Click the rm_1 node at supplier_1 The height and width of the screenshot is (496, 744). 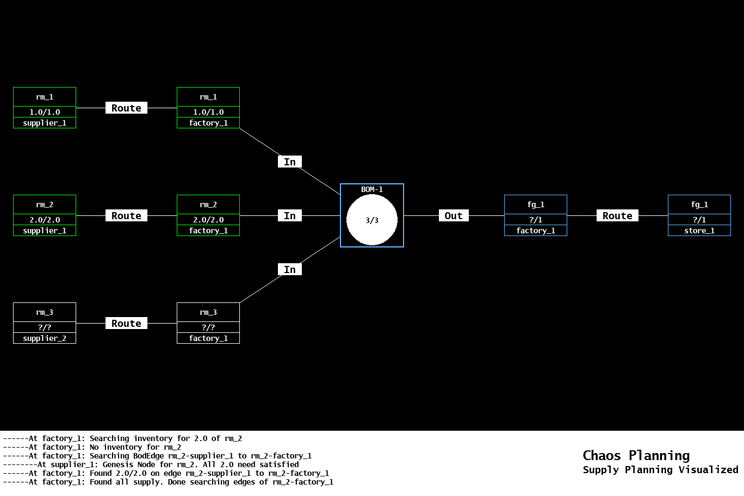pos(45,108)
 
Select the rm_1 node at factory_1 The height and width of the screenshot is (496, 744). pos(208,108)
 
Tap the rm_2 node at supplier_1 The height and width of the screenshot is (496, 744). pos(45,215)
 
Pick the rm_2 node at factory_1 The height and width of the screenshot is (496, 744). pos(208,215)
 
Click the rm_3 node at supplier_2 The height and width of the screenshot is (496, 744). pos(45,323)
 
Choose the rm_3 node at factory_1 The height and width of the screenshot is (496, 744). pos(208,323)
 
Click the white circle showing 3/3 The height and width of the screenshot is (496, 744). pos(372,220)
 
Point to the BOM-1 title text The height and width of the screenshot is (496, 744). pos(372,189)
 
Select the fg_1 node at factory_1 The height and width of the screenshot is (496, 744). pos(536,215)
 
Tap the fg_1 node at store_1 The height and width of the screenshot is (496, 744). pos(699,215)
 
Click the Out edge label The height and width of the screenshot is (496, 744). pos(454,216)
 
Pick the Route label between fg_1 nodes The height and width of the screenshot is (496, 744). pos(617,216)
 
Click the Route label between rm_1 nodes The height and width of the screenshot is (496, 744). pos(126,108)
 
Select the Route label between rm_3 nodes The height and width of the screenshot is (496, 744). pos(126,324)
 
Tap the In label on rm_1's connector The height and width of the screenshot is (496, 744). pos(290,162)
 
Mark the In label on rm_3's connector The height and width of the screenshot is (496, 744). pos(290,270)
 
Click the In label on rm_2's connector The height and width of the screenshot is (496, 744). pos(290,216)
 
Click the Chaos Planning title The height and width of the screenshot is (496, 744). pos(636,456)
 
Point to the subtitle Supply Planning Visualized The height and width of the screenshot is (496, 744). pos(660,470)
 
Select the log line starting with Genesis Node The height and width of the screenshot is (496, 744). pos(168,464)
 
